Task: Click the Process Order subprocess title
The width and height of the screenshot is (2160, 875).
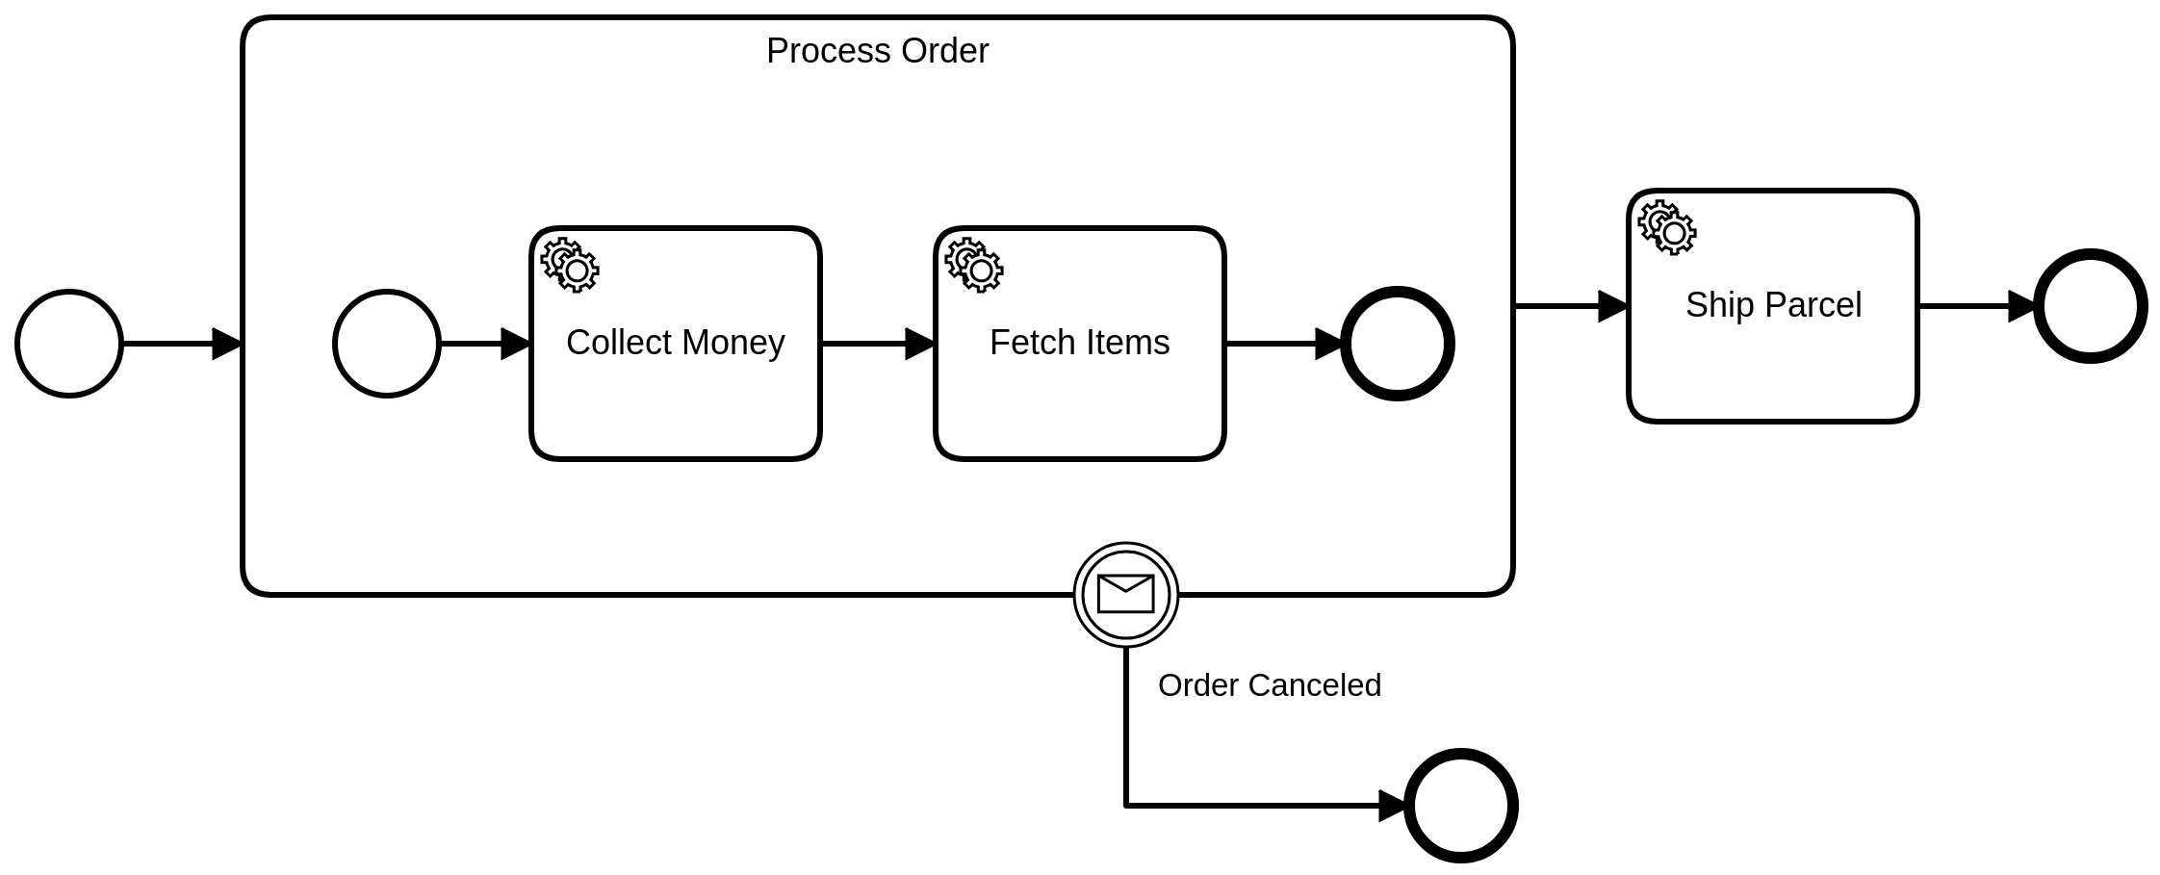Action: (877, 51)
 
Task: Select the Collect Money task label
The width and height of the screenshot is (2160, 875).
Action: (675, 343)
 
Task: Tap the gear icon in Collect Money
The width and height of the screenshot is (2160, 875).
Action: (570, 265)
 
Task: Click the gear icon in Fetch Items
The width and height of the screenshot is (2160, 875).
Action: (974, 265)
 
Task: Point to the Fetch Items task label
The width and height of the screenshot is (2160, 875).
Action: (1079, 343)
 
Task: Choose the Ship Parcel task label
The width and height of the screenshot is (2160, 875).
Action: (1773, 305)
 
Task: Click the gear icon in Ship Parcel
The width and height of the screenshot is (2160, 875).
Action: (1667, 227)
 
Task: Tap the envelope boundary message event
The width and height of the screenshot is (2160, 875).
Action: (1125, 594)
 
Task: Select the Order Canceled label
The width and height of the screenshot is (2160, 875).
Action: (1269, 685)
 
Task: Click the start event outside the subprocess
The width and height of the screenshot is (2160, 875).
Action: (69, 344)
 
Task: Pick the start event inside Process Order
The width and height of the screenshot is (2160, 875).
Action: (387, 344)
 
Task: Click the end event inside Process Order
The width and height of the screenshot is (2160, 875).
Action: (1397, 344)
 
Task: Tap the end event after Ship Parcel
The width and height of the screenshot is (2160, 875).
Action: (2091, 306)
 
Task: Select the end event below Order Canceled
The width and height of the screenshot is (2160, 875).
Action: (1461, 806)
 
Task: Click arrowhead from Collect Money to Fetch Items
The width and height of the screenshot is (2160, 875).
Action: (920, 344)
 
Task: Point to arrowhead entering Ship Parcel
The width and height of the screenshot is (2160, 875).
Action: (1613, 306)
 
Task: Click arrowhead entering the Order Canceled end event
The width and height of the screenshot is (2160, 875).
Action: (1393, 806)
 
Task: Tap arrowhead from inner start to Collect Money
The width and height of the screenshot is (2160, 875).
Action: (516, 344)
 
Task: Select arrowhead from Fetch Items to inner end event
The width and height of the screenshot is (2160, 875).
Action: (1329, 344)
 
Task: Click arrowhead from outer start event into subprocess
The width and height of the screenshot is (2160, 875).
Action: (227, 344)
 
